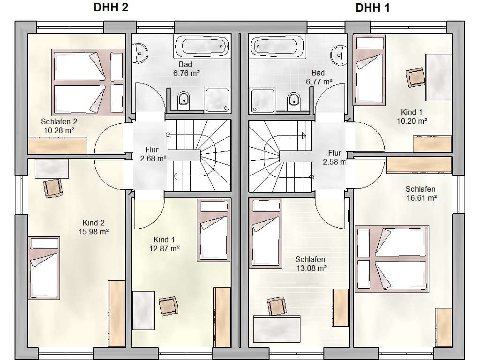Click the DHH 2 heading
pos(111,7)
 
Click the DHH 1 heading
pos(373,8)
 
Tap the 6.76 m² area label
pos(187,74)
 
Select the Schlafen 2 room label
pos(59,121)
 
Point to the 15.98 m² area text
pos(94,232)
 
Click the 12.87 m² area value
pos(165,248)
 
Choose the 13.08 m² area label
pos(312,269)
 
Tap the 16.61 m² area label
pos(421,198)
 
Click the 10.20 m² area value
pos(412,121)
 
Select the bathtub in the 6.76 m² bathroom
pos(202,46)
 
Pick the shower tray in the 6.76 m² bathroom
pos(217,99)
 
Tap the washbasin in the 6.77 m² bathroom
pos(339,55)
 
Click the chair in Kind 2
pos(53,188)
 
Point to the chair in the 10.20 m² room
pos(415,77)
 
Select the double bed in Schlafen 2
pos(88,82)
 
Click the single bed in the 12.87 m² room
pos(214,230)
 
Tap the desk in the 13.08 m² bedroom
pos(277,329)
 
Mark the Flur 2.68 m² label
pos(153,154)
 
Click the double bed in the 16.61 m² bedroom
pos(392,259)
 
